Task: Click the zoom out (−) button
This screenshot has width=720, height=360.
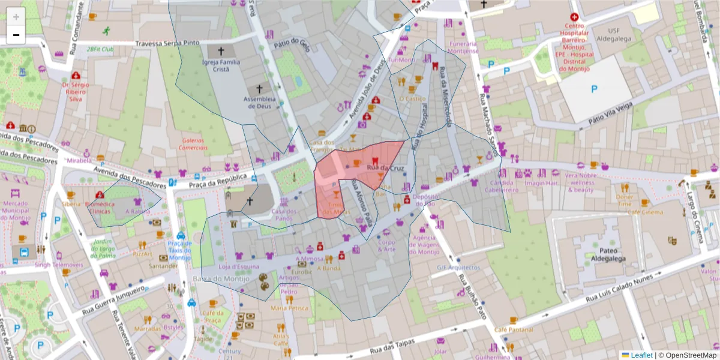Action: (16, 35)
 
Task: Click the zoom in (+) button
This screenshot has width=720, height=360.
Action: (16, 17)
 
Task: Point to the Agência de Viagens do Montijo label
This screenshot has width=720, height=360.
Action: (424, 245)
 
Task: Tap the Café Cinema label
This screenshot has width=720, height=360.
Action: (646, 212)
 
